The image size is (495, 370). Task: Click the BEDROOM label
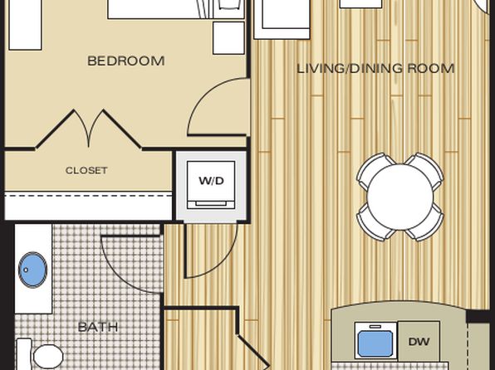pos(126,61)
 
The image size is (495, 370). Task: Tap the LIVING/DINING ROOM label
pos(375,69)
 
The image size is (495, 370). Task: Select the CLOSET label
pos(86,171)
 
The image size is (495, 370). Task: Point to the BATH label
pos(97,327)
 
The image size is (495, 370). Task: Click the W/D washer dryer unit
pos(211,185)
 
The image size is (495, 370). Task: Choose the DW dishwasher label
pos(419,342)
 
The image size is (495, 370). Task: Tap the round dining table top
pos(400,197)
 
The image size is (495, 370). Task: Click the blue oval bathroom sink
pos(33,270)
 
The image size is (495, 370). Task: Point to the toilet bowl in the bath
pos(48,357)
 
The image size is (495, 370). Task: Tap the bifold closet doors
pos(89,128)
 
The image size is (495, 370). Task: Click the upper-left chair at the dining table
pos(374,169)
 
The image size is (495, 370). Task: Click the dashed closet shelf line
pos(88,196)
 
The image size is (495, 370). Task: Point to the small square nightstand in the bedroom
pos(228,38)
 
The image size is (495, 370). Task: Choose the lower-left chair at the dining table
pos(374,224)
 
